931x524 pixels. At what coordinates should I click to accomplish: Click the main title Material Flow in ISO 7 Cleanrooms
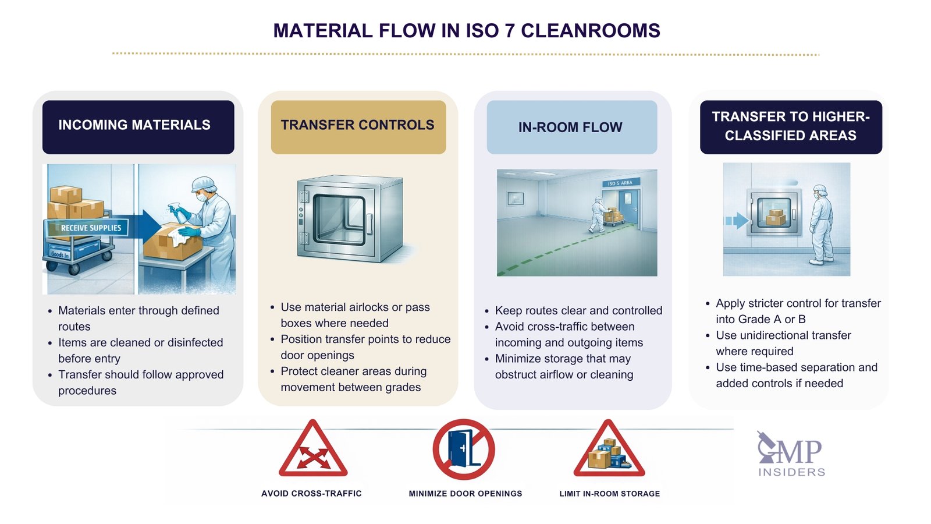pyautogui.click(x=467, y=31)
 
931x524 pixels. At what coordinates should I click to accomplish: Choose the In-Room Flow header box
pyautogui.click(x=571, y=127)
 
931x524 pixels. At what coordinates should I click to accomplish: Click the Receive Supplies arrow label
pyautogui.click(x=91, y=228)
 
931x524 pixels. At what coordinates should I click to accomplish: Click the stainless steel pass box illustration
pyautogui.click(x=350, y=218)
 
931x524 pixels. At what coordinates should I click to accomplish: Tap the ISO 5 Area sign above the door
pyautogui.click(x=620, y=183)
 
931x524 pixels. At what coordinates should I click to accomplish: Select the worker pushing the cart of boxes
pyautogui.click(x=598, y=214)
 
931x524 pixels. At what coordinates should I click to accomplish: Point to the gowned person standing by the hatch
pyautogui.click(x=821, y=224)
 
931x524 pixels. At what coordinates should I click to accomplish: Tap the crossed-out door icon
pyautogui.click(x=464, y=449)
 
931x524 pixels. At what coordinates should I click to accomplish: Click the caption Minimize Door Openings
pyautogui.click(x=465, y=494)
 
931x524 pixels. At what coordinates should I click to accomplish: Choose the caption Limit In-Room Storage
pyautogui.click(x=609, y=494)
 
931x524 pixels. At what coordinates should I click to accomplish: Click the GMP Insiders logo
pyautogui.click(x=791, y=455)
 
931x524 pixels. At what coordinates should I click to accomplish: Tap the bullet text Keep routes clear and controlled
pyautogui.click(x=578, y=311)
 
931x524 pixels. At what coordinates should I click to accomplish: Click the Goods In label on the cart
pyautogui.click(x=59, y=254)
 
